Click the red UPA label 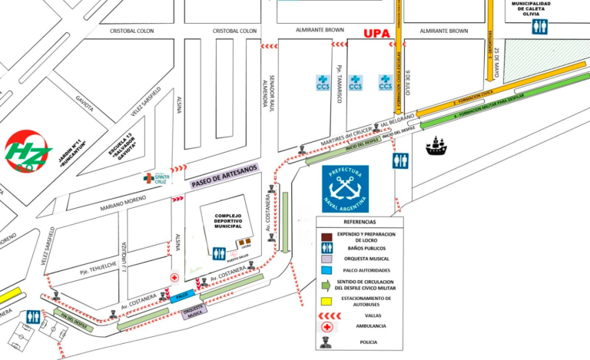(376, 33)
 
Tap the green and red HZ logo (28, 150)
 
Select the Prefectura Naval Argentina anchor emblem (345, 188)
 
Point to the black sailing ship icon (436, 145)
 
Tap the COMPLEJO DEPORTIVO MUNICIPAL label (228, 221)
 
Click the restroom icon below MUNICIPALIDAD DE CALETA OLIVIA (541, 28)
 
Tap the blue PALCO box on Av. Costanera (181, 295)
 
